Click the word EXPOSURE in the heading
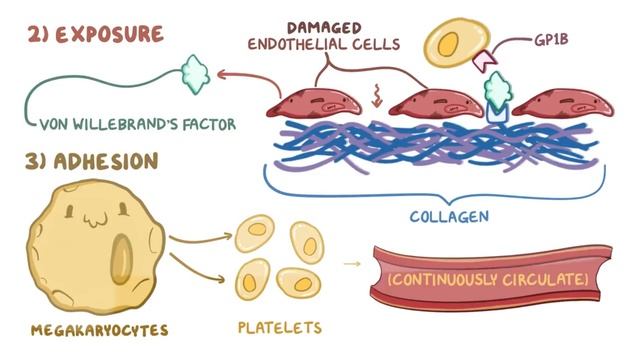coord(109,34)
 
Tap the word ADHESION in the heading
coord(106,162)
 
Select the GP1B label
coord(551,40)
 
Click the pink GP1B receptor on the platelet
coord(485,60)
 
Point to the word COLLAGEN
coord(449,216)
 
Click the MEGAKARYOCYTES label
coord(99,330)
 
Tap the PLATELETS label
coord(280,328)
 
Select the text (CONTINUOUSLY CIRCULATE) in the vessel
coord(488,280)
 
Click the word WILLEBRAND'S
coord(126,124)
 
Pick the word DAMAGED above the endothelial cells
coord(324,28)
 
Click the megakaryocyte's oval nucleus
coord(122,259)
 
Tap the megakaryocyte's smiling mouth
coord(96,220)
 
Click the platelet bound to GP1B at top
coord(456,42)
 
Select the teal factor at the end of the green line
coord(196,74)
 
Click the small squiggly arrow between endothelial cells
coord(376,96)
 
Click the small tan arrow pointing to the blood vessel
coord(352,264)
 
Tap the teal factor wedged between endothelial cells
coord(498,92)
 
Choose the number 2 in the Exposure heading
coord(35,34)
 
